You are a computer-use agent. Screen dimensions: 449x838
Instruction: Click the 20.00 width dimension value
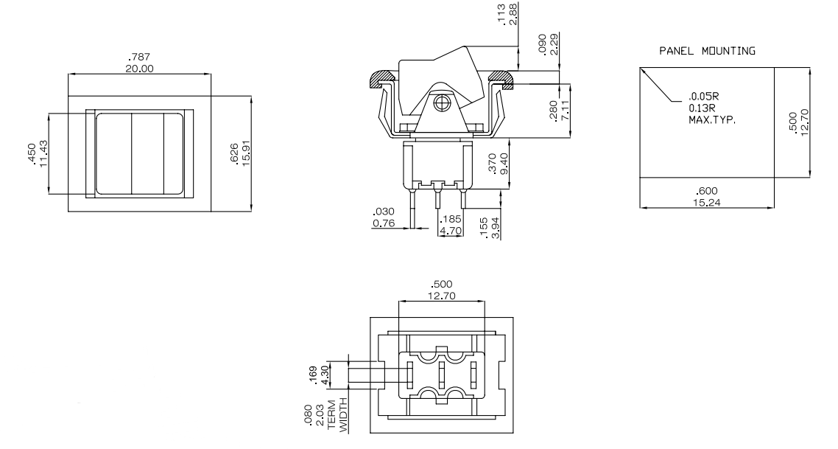click(141, 68)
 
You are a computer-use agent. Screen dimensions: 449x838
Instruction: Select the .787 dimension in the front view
click(141, 58)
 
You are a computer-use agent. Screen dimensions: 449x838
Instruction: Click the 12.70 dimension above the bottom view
click(441, 295)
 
